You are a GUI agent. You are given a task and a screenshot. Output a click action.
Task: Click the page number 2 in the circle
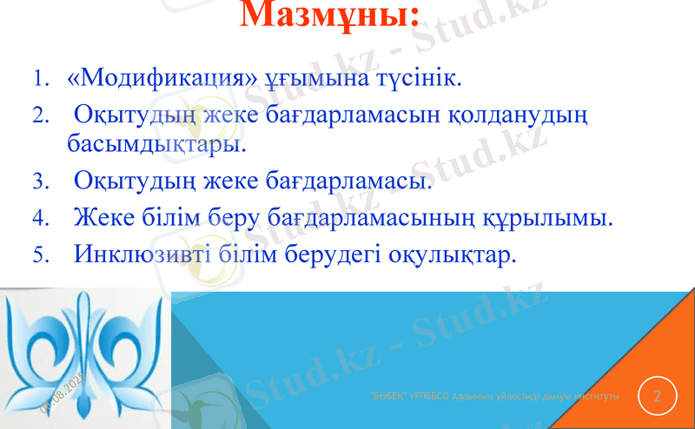click(x=658, y=397)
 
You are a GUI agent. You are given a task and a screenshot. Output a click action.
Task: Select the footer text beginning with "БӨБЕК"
click(x=494, y=396)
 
